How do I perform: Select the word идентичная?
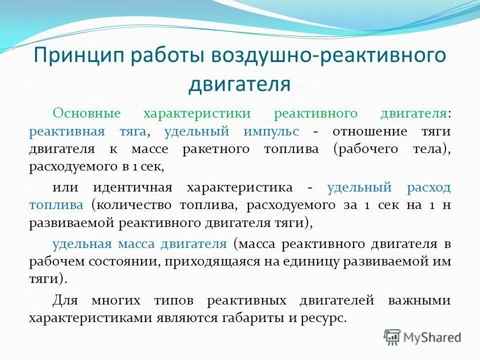pyautogui.click(x=132, y=187)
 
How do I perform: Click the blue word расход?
pyautogui.click(x=428, y=187)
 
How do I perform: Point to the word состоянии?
pyautogui.click(x=118, y=261)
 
